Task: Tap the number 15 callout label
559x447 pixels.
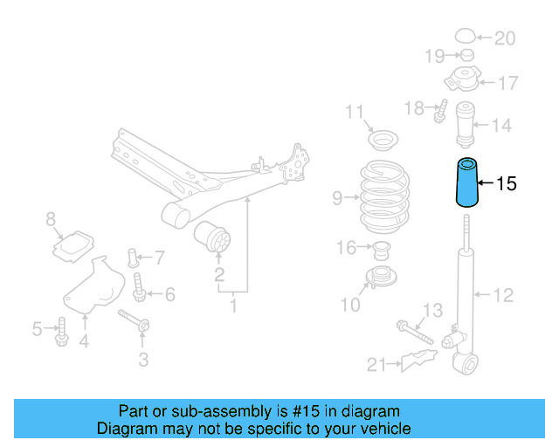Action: pyautogui.click(x=507, y=183)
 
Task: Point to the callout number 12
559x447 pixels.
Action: pyautogui.click(x=503, y=295)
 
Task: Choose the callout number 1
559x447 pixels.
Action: pyautogui.click(x=233, y=306)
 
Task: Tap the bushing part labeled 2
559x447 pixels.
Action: pyautogui.click(x=214, y=239)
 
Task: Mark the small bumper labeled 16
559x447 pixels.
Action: pyautogui.click(x=380, y=251)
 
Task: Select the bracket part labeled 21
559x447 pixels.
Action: pyautogui.click(x=418, y=360)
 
